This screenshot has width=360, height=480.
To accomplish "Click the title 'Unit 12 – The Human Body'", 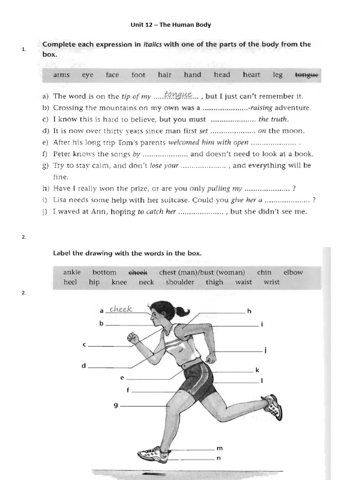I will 170,24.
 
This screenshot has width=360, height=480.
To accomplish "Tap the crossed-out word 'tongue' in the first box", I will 306,75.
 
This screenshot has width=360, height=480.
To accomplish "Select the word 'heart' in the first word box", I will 251,75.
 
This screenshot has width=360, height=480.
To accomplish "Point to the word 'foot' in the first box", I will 138,75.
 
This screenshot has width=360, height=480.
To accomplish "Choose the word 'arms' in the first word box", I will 61,75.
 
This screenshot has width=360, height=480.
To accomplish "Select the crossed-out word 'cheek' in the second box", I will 138,272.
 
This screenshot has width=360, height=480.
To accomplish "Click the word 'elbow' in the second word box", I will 293,272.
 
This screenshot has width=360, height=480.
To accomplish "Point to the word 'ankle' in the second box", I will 72,272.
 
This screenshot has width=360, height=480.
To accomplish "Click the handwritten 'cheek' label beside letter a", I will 121,309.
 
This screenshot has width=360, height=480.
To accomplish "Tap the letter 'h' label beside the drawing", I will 249,311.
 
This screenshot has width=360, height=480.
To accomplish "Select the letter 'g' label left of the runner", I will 115,405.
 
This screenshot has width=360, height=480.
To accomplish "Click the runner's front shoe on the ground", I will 153,454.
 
